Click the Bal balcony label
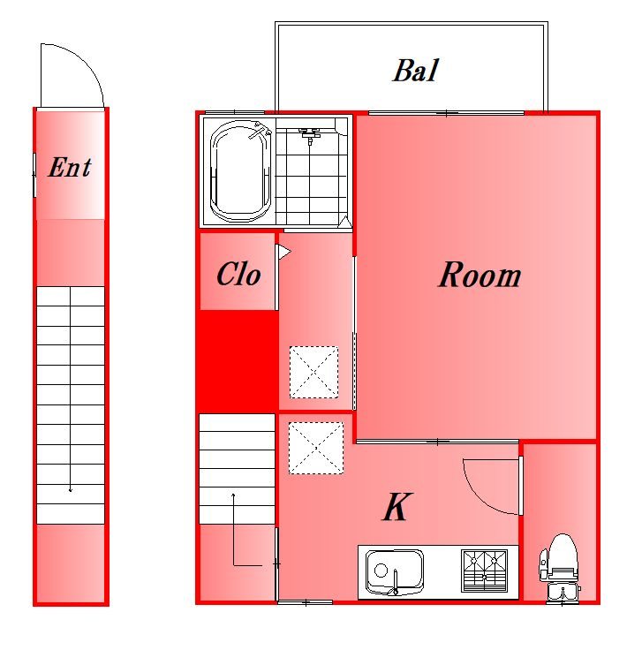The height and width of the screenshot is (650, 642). pyautogui.click(x=415, y=71)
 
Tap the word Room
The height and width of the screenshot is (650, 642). pyautogui.click(x=480, y=275)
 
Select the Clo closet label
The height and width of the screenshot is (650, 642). pyautogui.click(x=238, y=274)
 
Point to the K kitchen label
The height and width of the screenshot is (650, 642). pyautogui.click(x=397, y=506)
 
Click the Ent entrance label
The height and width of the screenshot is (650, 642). pyautogui.click(x=70, y=167)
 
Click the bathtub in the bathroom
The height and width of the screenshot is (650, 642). pyautogui.click(x=241, y=171)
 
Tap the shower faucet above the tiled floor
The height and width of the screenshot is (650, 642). pyautogui.click(x=310, y=135)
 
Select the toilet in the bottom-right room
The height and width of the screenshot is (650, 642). pyautogui.click(x=561, y=568)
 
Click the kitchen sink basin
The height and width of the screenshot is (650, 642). pyautogui.click(x=394, y=571)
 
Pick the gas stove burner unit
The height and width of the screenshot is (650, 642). pyautogui.click(x=484, y=571)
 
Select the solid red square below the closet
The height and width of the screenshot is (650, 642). pyautogui.click(x=237, y=361)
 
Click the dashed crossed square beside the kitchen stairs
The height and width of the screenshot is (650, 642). pyautogui.click(x=316, y=448)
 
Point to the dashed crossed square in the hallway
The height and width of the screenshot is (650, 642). pyautogui.click(x=313, y=373)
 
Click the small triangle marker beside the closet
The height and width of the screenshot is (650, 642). pyautogui.click(x=283, y=252)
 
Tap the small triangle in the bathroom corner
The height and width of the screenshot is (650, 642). pyautogui.click(x=344, y=222)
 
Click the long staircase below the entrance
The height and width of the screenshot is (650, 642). pyautogui.click(x=71, y=405)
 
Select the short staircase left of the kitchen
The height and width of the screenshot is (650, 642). pyautogui.click(x=237, y=469)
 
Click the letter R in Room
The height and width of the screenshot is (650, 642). pyautogui.click(x=449, y=275)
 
